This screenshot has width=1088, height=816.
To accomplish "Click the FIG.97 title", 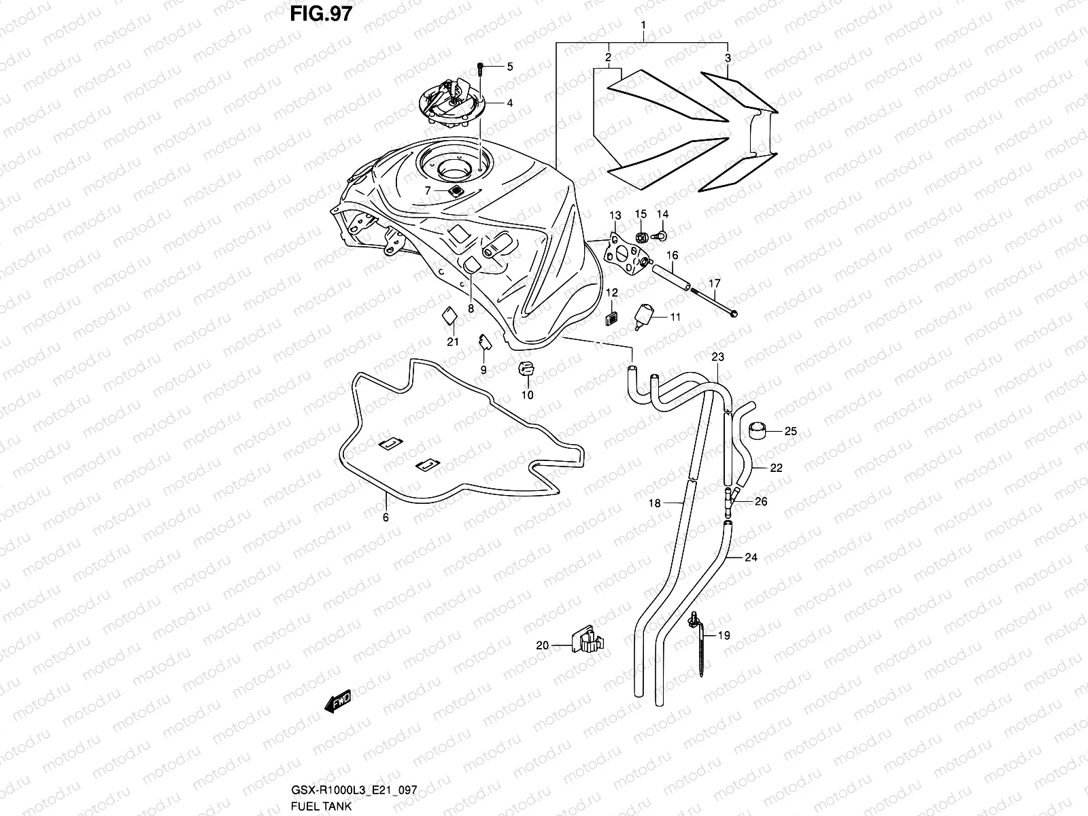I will [x=322, y=13].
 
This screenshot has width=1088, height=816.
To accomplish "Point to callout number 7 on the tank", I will [x=428, y=191].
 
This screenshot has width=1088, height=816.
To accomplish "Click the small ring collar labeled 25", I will [x=758, y=430].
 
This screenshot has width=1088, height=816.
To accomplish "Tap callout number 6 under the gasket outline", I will [x=386, y=517].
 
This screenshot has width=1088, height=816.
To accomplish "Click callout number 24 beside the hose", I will [x=751, y=558].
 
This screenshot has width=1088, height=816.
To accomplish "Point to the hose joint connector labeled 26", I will [x=731, y=500].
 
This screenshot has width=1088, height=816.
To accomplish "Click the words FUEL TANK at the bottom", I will [x=320, y=807].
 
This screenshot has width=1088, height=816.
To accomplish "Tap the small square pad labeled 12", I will [x=611, y=318].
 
